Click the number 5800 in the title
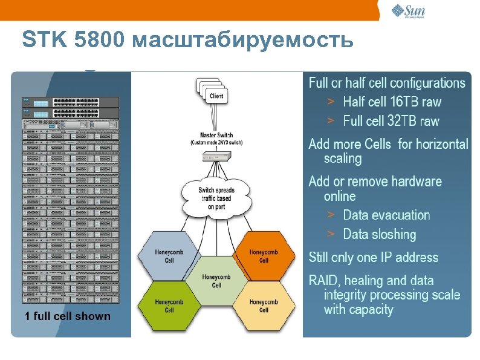(x=100, y=41)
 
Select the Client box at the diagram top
(x=216, y=96)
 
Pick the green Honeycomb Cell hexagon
(x=169, y=306)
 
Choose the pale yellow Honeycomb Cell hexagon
(x=264, y=306)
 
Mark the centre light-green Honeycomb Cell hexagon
(x=216, y=281)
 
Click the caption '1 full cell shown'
(x=68, y=316)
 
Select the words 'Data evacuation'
(x=386, y=215)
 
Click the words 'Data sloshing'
(x=380, y=234)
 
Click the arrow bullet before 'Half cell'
(x=331, y=101)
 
